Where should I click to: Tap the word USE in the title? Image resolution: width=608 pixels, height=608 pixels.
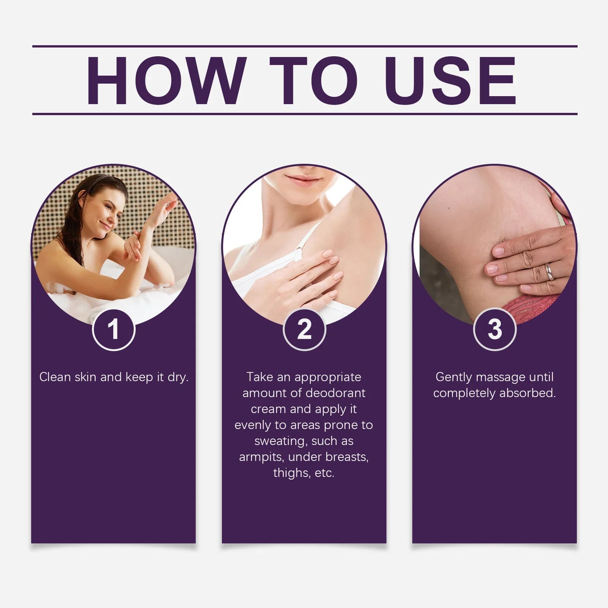(x=450, y=80)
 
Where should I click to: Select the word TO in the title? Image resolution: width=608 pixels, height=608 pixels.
(x=313, y=80)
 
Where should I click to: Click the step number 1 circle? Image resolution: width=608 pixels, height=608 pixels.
(x=114, y=329)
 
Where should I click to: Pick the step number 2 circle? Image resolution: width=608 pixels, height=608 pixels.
(x=304, y=329)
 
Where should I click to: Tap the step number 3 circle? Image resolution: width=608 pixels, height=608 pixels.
(x=495, y=329)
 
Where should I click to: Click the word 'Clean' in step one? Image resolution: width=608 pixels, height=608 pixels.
(x=55, y=377)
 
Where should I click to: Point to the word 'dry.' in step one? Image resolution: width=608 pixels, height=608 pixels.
(x=178, y=377)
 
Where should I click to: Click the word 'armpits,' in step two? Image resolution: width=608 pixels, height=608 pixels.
(x=262, y=457)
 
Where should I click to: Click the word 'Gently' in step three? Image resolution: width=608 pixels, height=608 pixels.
(x=453, y=377)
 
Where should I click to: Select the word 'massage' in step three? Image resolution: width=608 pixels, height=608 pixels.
(x=500, y=377)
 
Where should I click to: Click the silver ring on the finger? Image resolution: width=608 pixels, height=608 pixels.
(x=549, y=271)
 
